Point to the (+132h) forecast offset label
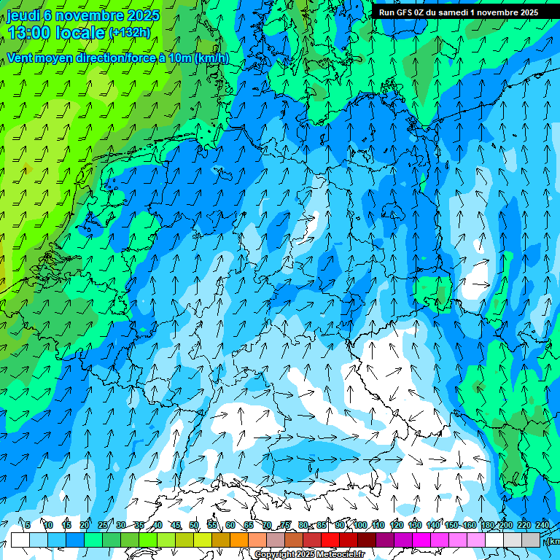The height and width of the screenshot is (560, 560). [129, 33]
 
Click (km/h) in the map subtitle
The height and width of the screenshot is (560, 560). [211, 58]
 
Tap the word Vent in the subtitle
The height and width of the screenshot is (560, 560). [20, 58]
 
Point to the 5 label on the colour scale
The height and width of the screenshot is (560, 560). [28, 525]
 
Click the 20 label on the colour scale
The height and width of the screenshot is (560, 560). [84, 525]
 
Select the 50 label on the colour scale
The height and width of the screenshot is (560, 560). [194, 525]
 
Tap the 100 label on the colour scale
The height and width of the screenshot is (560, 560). [359, 525]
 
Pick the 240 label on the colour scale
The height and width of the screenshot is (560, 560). [542, 525]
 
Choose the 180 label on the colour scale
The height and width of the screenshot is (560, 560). [487, 525]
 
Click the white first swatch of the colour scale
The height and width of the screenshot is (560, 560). [20, 540]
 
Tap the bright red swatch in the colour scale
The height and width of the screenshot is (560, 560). [330, 540]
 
